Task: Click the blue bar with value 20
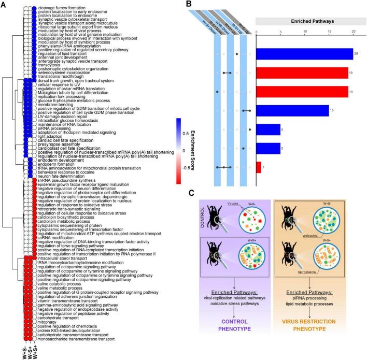click(x=304, y=53)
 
